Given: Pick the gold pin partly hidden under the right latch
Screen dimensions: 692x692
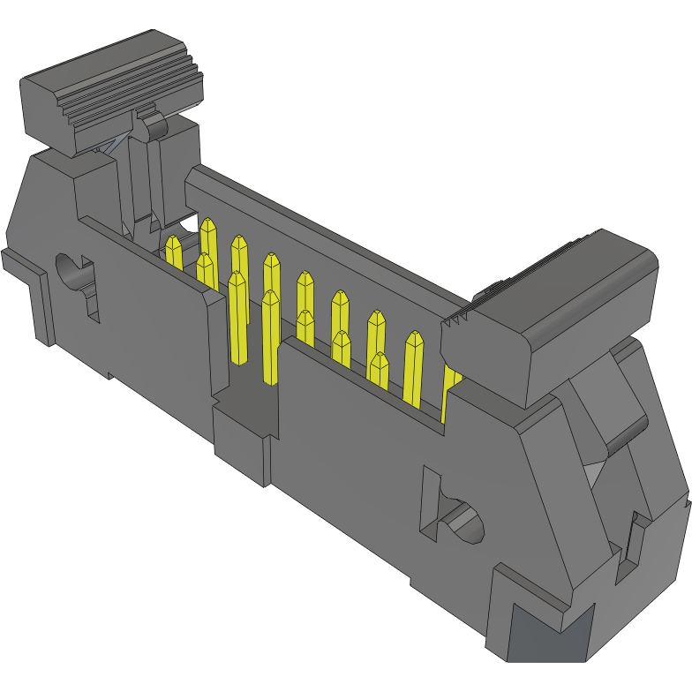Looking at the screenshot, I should click(x=450, y=388).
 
